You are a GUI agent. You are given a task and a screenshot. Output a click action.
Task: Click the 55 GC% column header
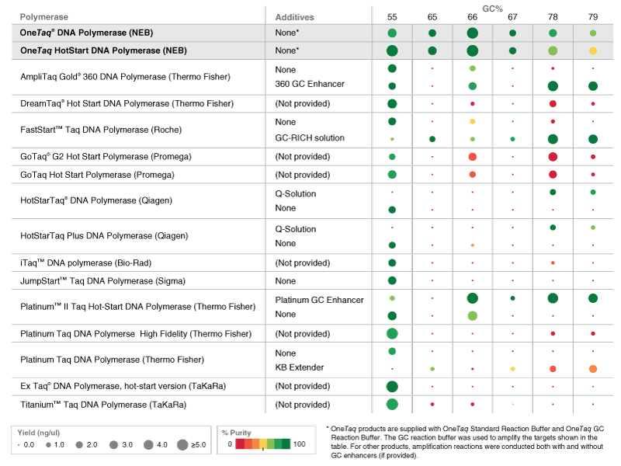(392, 16)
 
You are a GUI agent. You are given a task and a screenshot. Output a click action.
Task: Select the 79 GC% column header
(592, 16)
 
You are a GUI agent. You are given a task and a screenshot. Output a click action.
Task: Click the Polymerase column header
(43, 16)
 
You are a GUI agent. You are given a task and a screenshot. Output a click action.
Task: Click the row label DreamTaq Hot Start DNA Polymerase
(127, 103)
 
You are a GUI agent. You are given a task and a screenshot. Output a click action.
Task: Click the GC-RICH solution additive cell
(310, 138)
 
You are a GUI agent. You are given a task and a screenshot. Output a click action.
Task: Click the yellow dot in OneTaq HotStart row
(592, 50)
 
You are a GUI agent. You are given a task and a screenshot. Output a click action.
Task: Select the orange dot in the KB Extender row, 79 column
(592, 368)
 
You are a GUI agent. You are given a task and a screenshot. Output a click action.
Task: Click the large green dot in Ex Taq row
(392, 386)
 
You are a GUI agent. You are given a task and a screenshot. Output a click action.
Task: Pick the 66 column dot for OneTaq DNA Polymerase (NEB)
(472, 33)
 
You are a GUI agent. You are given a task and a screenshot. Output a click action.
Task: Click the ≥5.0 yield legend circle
(182, 445)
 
